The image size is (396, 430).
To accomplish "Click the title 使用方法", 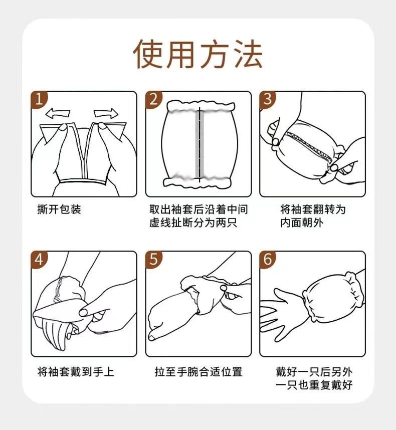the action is pyautogui.click(x=197, y=54).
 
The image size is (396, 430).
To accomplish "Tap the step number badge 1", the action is pyautogui.click(x=39, y=100).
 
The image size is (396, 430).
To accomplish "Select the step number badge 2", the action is pyautogui.click(x=153, y=100).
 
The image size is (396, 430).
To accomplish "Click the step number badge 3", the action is pyautogui.click(x=268, y=100).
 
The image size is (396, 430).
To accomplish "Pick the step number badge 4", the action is pyautogui.click(x=39, y=260).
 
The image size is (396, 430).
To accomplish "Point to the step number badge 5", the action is pyautogui.click(x=153, y=260).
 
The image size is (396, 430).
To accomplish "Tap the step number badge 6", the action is pyautogui.click(x=268, y=260).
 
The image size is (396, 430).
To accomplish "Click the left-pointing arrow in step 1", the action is pyautogui.click(x=58, y=113).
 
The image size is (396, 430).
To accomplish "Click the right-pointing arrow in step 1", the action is pyautogui.click(x=106, y=113).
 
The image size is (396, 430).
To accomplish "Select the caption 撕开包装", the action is pyautogui.click(x=59, y=209).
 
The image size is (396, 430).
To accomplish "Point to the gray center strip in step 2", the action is pyautogui.click(x=200, y=144).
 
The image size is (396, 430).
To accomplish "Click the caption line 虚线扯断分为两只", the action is pyautogui.click(x=193, y=223).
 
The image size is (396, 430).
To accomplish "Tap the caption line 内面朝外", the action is pyautogui.click(x=302, y=223).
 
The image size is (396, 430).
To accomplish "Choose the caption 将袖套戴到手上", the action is pyautogui.click(x=76, y=372).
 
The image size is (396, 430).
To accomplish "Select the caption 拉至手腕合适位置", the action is pyautogui.click(x=199, y=372).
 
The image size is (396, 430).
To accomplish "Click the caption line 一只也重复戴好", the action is pyautogui.click(x=314, y=385).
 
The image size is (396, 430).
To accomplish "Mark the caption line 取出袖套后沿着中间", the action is pyautogui.click(x=199, y=209).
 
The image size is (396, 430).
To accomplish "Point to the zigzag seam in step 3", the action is pyautogui.click(x=309, y=146).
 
